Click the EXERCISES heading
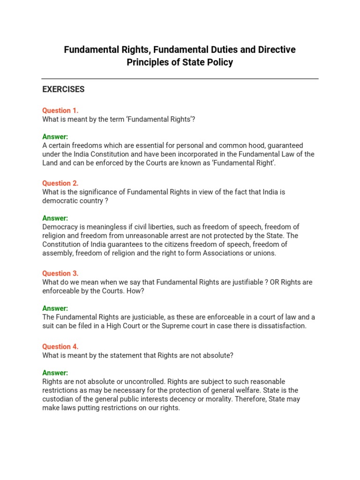(63, 89)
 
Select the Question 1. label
(60, 111)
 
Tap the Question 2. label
(60, 183)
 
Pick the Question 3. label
(60, 273)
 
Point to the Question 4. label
(60, 346)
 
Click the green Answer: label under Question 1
(55, 137)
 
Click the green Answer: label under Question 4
(55, 373)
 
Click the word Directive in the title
(277, 50)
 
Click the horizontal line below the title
(180, 79)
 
